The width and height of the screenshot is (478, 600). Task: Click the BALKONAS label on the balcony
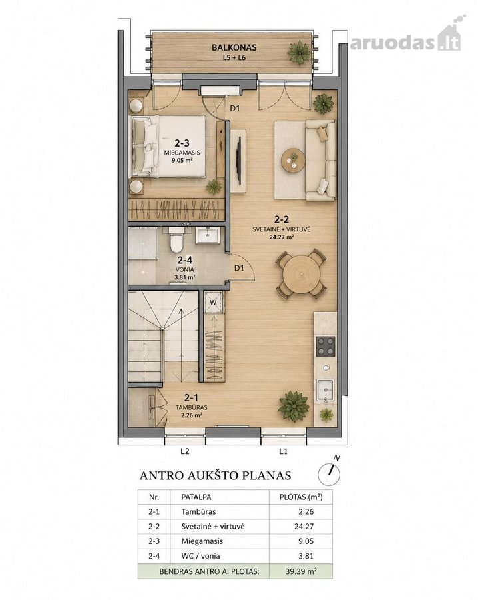point(234,48)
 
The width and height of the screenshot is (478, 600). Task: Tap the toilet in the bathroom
point(176,239)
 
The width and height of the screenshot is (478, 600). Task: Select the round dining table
point(302,274)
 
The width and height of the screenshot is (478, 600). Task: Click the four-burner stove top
point(325,346)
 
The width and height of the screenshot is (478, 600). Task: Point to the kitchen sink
point(325,390)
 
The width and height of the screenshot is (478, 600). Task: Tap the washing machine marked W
point(213,302)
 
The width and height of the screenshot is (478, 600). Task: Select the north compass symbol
point(330,472)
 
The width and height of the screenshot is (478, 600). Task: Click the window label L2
point(185,451)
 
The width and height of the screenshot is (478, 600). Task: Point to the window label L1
point(283,451)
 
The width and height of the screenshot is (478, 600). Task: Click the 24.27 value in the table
point(304,526)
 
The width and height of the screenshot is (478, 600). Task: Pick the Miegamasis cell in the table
point(202,541)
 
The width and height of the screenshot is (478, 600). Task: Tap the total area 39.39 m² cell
point(301,571)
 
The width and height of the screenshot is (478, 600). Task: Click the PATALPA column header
point(196,497)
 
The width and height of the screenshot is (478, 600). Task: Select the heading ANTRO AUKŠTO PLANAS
point(216,475)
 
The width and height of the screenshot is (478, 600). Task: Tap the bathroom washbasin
point(208,235)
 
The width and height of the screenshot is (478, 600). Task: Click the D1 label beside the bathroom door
point(239,268)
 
